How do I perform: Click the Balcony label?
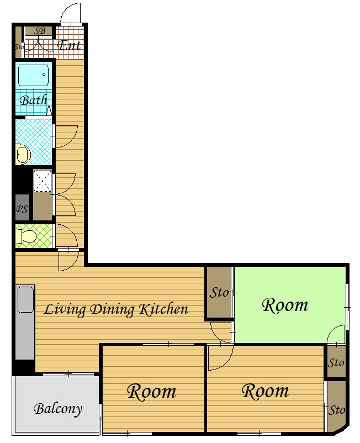click(x=58, y=409)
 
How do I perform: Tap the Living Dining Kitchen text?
click(x=116, y=309)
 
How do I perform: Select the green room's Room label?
click(x=285, y=305)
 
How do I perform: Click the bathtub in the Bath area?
click(x=34, y=75)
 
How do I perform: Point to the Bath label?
click(x=34, y=100)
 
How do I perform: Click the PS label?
click(x=22, y=209)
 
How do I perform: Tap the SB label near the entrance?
click(x=40, y=31)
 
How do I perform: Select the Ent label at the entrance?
click(x=70, y=45)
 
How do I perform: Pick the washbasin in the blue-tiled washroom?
click(x=23, y=155)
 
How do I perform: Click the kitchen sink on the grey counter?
click(x=26, y=299)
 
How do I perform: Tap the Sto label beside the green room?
click(x=219, y=292)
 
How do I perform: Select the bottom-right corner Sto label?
click(x=337, y=410)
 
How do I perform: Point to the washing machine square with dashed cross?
click(x=43, y=181)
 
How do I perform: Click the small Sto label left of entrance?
click(x=19, y=46)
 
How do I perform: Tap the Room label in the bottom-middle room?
click(x=152, y=392)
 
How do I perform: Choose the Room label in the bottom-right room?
click(x=266, y=391)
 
